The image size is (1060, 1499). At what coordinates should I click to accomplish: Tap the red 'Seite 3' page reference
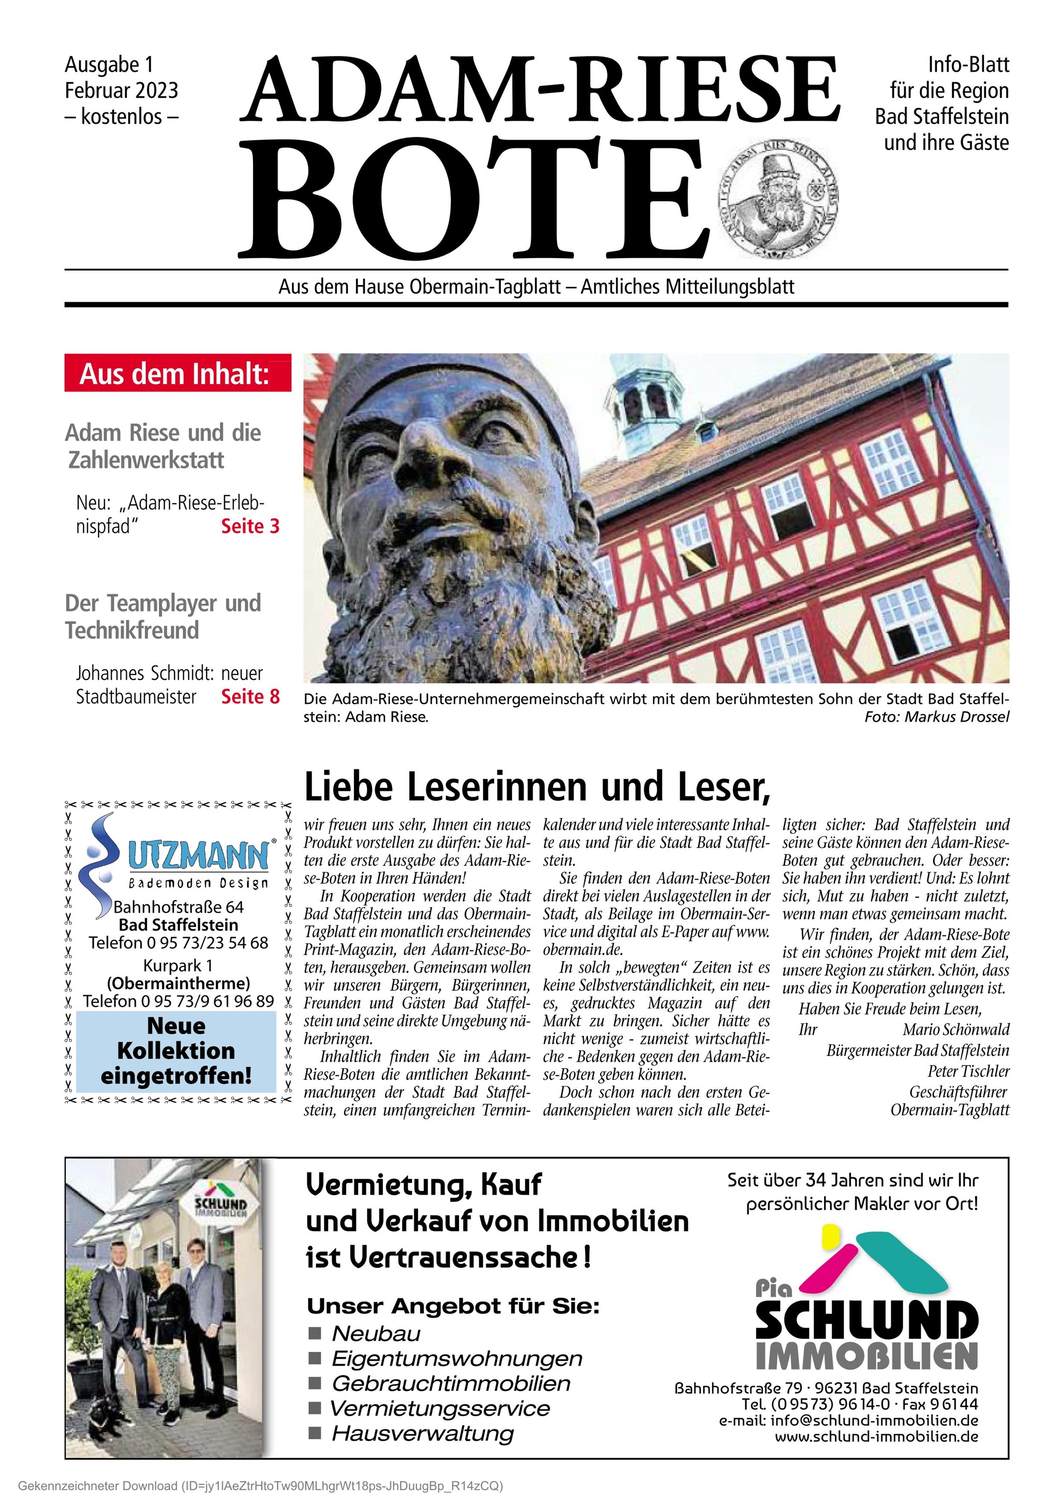click(250, 526)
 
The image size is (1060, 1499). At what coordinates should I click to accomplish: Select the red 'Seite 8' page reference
click(250, 696)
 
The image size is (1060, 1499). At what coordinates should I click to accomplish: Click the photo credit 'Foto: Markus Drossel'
click(937, 717)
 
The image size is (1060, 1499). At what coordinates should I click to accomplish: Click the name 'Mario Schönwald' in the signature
click(955, 1030)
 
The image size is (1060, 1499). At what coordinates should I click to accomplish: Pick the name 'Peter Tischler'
click(968, 1072)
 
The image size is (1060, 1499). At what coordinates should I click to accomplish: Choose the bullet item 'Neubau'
click(376, 1333)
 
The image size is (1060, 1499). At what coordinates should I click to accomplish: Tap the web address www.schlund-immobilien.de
click(876, 1436)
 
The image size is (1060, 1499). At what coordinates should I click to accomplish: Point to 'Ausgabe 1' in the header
click(109, 65)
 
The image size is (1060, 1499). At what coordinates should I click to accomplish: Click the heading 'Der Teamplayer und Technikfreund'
click(163, 616)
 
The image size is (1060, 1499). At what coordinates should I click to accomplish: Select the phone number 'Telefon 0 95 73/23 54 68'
click(178, 943)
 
